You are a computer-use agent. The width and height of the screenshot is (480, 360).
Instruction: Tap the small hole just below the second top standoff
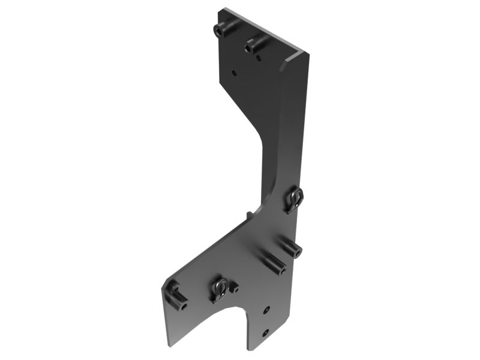click(x=257, y=58)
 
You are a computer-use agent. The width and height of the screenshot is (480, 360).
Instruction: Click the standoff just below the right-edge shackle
click(x=291, y=245)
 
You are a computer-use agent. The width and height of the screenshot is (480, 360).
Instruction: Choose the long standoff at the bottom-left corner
click(x=175, y=295)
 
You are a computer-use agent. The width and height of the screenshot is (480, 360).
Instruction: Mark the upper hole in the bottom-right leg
click(x=267, y=310)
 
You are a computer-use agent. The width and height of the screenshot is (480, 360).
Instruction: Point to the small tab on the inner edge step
click(x=247, y=214)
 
